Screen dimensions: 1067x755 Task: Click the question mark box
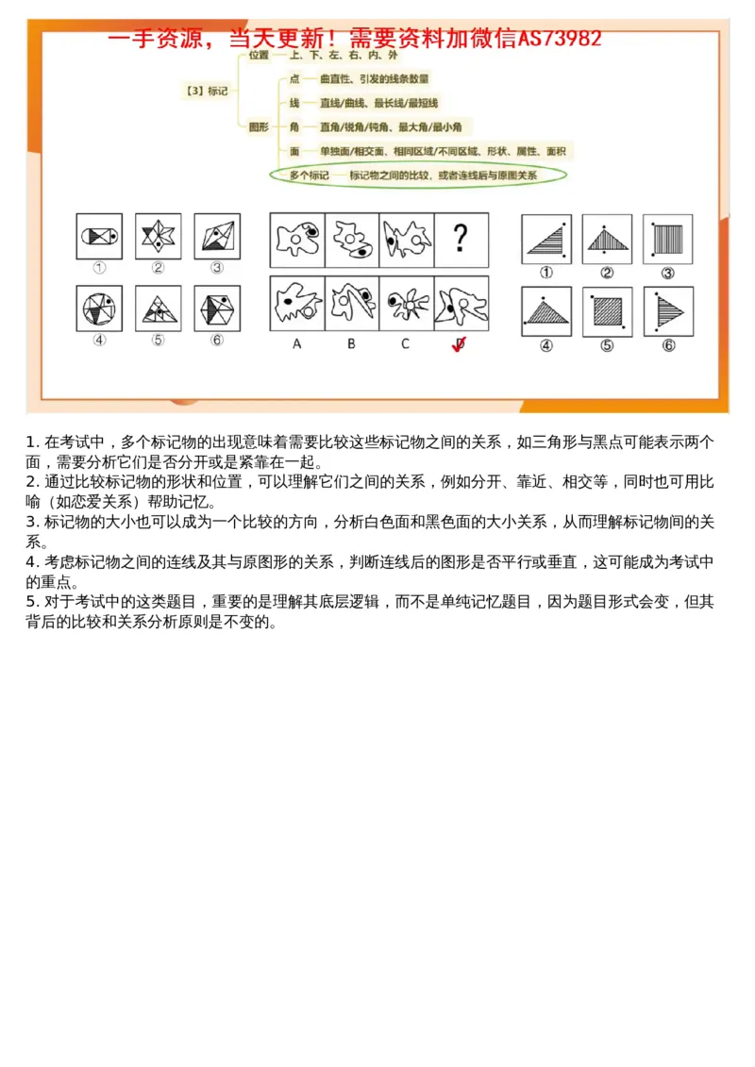[x=461, y=239]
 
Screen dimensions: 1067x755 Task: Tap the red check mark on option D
[x=460, y=344]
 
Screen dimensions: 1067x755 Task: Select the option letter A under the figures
[x=296, y=344]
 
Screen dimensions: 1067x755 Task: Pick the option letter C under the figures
[x=406, y=344]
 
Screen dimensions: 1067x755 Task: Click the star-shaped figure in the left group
[x=158, y=236]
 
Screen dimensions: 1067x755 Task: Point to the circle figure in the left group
[x=99, y=308]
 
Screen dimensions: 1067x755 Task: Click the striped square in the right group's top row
[x=667, y=239]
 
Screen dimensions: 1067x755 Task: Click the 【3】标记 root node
[x=207, y=92]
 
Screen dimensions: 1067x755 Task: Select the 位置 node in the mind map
[x=259, y=56]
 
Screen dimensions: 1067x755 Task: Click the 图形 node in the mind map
[x=259, y=126]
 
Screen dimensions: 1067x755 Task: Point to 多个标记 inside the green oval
[x=309, y=175]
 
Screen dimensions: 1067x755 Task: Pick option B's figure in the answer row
[x=351, y=303]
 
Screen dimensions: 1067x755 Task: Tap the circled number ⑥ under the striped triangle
[x=667, y=345]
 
